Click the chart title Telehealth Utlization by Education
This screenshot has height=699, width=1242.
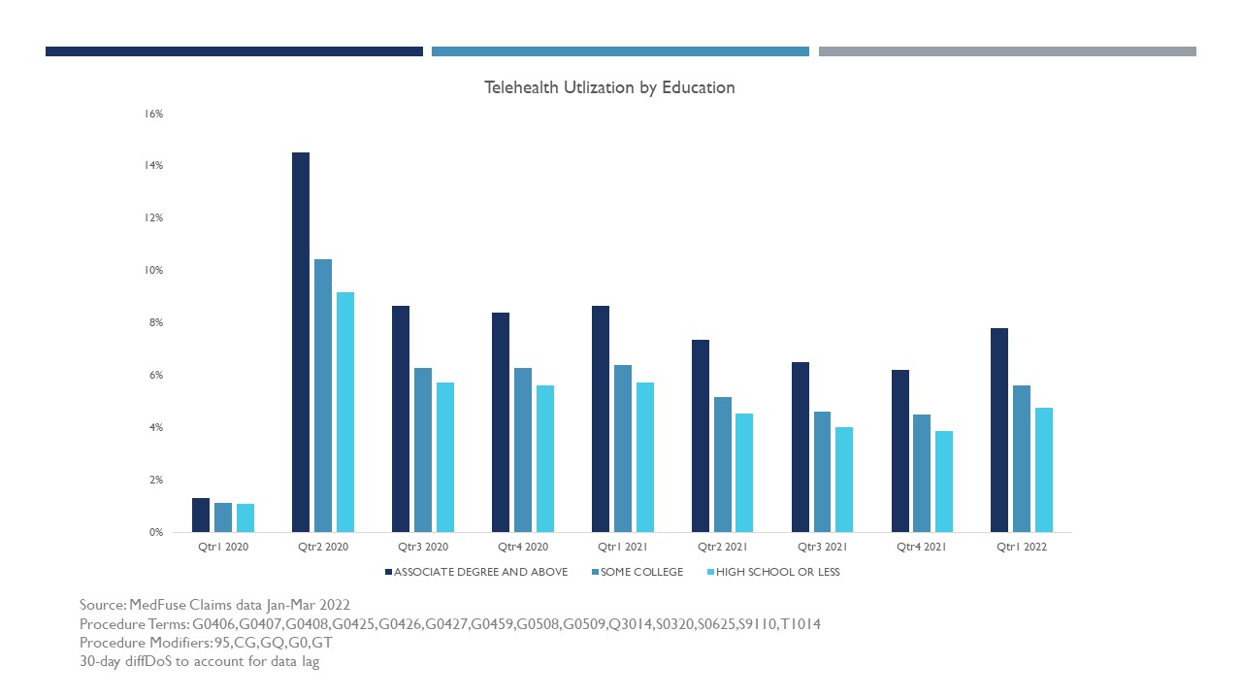pos(609,87)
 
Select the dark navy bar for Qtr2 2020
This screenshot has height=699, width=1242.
pos(301,343)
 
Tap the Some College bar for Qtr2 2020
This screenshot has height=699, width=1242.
pos(323,395)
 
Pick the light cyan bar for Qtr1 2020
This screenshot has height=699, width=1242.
pos(245,518)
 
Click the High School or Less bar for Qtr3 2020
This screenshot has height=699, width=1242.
pos(445,457)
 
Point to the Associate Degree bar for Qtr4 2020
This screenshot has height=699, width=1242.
pos(501,422)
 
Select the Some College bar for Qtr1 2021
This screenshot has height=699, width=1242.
pos(623,449)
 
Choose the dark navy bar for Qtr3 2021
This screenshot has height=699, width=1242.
pos(801,448)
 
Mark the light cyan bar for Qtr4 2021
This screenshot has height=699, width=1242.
pos(944,482)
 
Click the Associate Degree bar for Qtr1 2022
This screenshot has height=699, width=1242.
pos(999,430)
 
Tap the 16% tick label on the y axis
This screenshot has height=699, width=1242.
pos(153,114)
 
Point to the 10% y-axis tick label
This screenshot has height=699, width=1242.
pos(153,270)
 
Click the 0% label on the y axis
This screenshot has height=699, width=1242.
pos(156,532)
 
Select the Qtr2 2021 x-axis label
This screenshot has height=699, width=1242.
pos(723,547)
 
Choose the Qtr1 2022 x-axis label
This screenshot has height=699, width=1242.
pos(1022,547)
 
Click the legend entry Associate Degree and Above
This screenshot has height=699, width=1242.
pos(476,572)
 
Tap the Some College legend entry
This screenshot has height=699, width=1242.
pos(637,572)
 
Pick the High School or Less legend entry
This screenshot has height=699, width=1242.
pos(774,572)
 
